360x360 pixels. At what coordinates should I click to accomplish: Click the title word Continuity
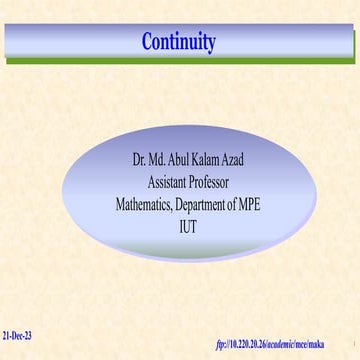(179, 42)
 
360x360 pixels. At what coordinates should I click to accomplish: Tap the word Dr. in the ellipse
(141, 159)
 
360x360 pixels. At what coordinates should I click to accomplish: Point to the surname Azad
(250, 159)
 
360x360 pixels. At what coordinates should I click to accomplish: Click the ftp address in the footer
(271, 344)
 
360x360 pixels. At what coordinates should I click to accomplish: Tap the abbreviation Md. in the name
(162, 159)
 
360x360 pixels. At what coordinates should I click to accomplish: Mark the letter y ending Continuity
(211, 44)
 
